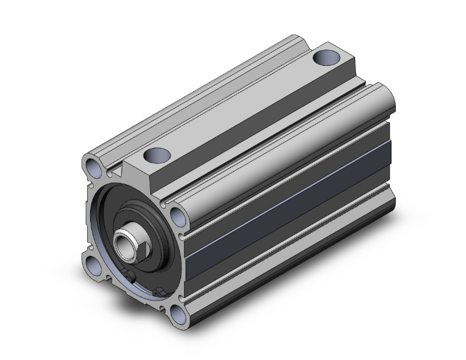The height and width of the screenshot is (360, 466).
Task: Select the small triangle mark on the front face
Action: click(x=116, y=170)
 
